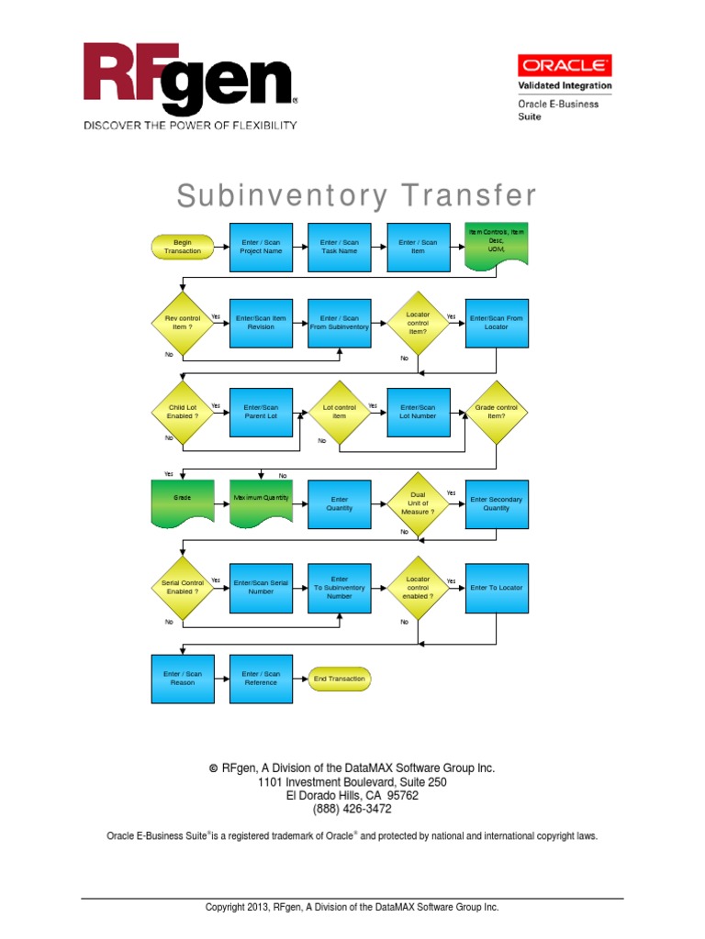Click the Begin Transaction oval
pyautogui.click(x=182, y=247)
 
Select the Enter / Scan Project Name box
pyautogui.click(x=261, y=247)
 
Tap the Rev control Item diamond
pyautogui.click(x=183, y=322)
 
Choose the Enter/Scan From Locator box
pyautogui.click(x=497, y=322)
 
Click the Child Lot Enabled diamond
pyautogui.click(x=183, y=412)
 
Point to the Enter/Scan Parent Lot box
pyautogui.click(x=261, y=412)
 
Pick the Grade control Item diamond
pyautogui.click(x=497, y=412)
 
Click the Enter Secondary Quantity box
pyautogui.click(x=497, y=503)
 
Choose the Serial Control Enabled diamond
pyautogui.click(x=183, y=587)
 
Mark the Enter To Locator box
pyautogui.click(x=497, y=587)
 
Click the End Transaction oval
pyautogui.click(x=340, y=679)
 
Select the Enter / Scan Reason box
pyautogui.click(x=183, y=679)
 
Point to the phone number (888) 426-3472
pyautogui.click(x=352, y=809)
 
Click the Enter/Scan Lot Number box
pyautogui.click(x=418, y=412)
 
